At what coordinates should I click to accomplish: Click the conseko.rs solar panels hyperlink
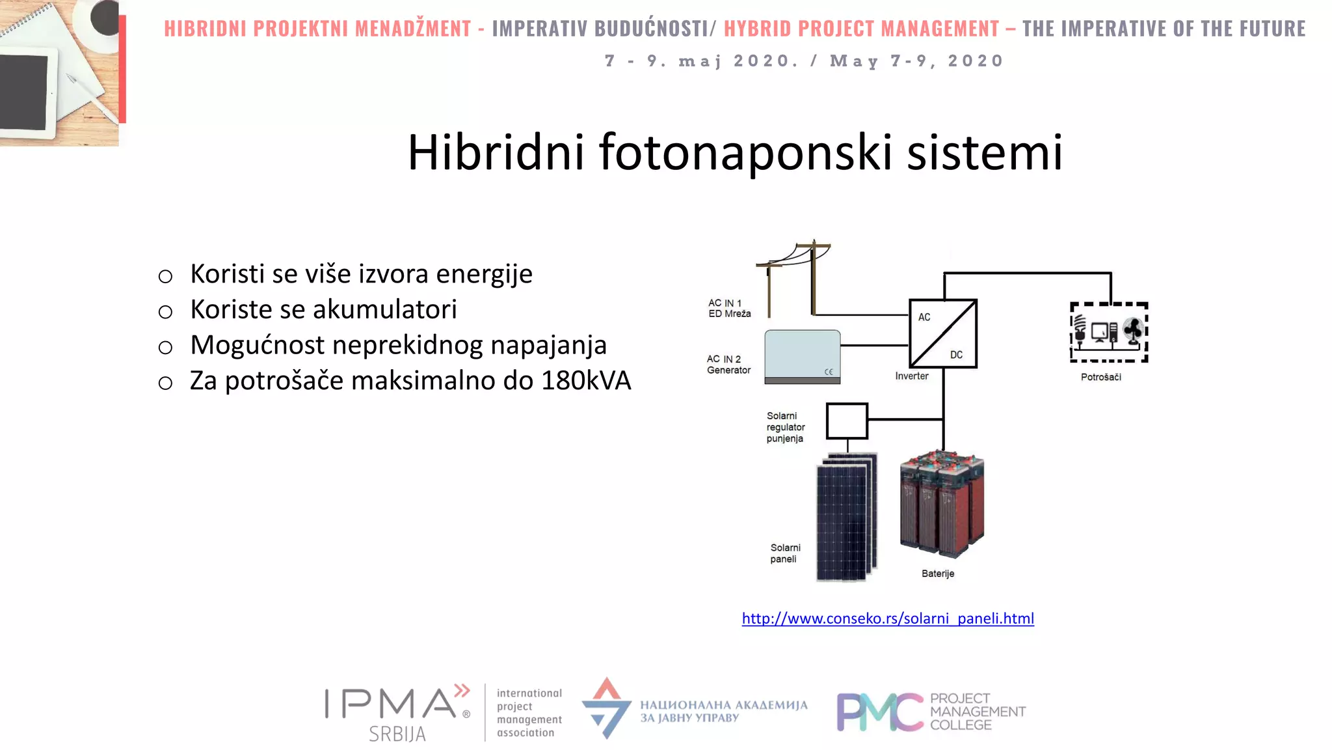point(888,618)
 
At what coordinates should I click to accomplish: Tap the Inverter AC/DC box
point(943,333)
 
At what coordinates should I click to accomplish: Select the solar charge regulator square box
point(847,421)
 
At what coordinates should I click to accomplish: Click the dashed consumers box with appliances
point(1109,332)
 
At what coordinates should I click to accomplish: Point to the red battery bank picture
point(942,505)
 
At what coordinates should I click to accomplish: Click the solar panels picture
point(846,518)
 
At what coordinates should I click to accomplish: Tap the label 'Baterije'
point(938,574)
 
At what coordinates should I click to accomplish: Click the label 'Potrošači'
point(1101,377)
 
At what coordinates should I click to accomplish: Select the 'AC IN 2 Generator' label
point(728,365)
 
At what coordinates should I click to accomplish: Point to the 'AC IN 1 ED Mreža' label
point(729,309)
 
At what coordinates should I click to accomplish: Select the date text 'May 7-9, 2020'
point(917,61)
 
